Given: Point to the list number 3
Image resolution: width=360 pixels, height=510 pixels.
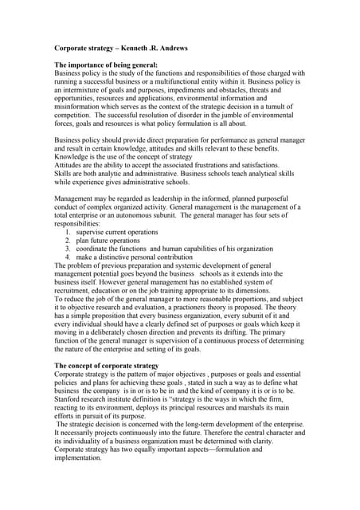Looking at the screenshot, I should pyautogui.click(x=68, y=249).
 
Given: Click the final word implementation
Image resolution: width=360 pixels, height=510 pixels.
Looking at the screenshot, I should pyautogui.click(x=83, y=459).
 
